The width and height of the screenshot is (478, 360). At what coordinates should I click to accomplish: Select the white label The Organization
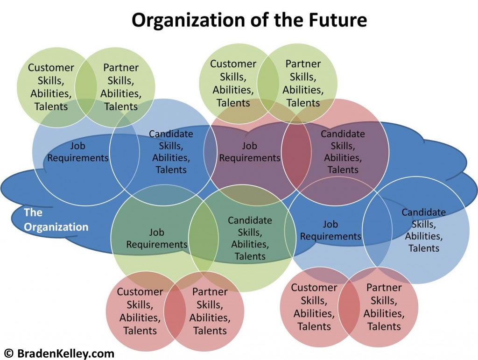tap(56, 220)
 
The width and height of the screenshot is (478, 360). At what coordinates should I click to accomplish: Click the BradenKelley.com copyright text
tap(59, 353)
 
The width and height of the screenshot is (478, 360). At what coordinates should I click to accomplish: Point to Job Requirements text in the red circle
tap(250, 152)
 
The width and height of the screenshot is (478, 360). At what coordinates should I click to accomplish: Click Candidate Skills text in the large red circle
tap(343, 152)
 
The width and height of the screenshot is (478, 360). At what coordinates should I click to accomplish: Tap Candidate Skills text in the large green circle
tap(250, 238)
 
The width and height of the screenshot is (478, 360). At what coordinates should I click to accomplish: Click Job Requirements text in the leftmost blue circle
tap(78, 152)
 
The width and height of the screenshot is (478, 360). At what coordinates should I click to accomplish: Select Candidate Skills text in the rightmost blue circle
tap(424, 230)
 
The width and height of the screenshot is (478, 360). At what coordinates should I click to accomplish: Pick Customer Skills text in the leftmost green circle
tap(51, 87)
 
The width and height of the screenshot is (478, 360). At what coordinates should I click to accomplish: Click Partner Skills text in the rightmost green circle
tap(303, 83)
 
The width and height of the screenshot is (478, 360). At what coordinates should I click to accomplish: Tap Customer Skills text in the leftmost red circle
tap(140, 311)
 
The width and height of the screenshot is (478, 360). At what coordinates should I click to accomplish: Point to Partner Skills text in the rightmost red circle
tap(384, 307)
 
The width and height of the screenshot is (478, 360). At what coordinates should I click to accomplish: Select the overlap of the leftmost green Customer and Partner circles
tap(86, 87)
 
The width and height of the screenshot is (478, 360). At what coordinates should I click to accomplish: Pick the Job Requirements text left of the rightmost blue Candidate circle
tap(330, 230)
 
